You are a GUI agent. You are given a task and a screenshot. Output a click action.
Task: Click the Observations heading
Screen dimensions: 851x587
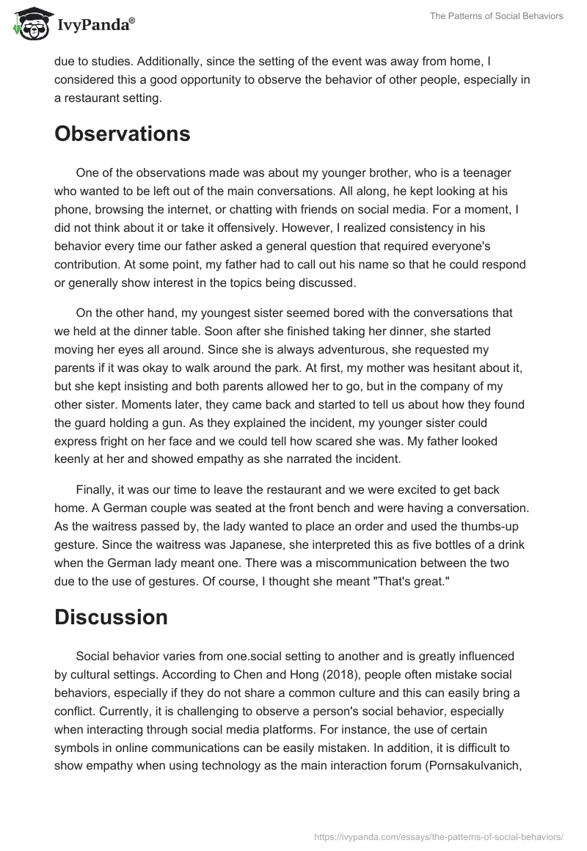point(123,134)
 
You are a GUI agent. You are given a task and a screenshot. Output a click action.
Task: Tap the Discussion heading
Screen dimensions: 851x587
point(111,617)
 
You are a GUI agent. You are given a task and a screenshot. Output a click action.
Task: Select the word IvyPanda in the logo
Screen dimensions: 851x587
point(95,24)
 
